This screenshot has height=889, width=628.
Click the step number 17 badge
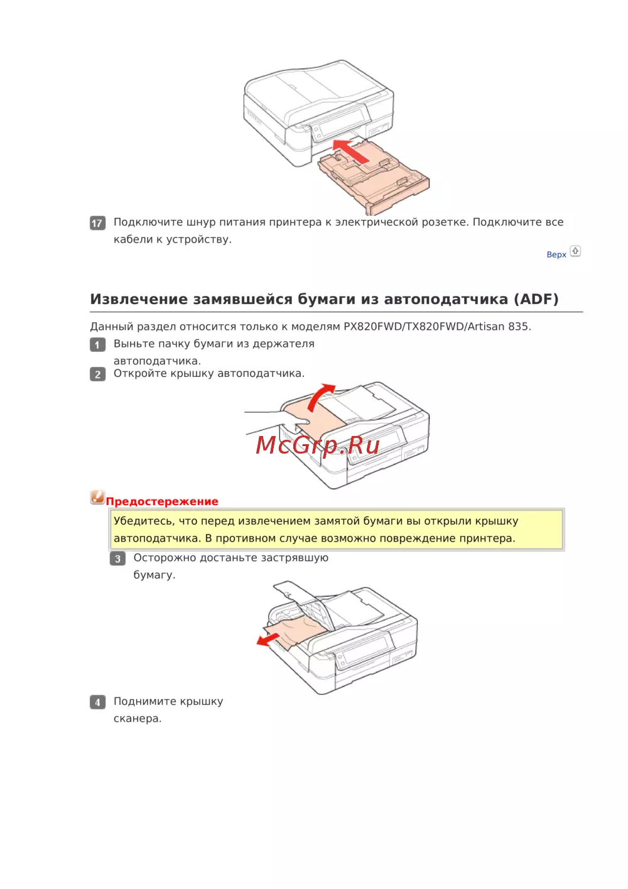(x=97, y=223)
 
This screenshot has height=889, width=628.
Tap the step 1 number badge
(x=97, y=344)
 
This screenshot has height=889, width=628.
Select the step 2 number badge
(x=97, y=374)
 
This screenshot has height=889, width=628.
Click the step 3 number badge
(x=117, y=559)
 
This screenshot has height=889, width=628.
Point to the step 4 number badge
(x=97, y=702)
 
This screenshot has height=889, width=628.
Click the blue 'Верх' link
(x=556, y=254)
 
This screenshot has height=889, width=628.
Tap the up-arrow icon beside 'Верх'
(x=575, y=251)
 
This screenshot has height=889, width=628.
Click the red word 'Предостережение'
(x=162, y=501)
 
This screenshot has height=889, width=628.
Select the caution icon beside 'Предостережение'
(x=97, y=497)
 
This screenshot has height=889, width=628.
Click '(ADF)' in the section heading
(x=536, y=299)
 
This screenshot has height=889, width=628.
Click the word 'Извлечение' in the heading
(x=139, y=299)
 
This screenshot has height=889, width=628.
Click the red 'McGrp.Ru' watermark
(x=317, y=445)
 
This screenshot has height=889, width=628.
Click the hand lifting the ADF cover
(x=277, y=423)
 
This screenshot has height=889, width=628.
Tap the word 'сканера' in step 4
(x=138, y=719)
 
